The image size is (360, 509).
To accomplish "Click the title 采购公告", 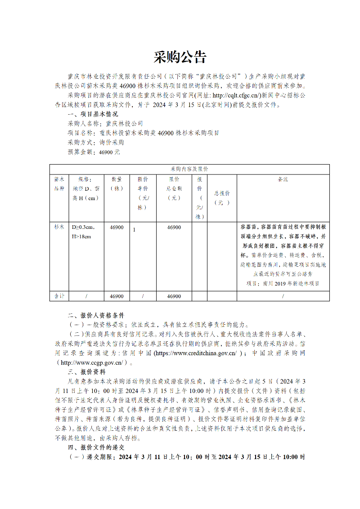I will tap(180, 57).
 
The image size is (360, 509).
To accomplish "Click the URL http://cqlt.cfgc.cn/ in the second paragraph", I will tap(236, 96).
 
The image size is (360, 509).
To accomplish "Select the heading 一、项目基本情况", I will tap(92, 114).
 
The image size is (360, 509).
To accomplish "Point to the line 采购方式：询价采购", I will tap(96, 143).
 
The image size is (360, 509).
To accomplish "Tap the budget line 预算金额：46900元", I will tap(94, 152).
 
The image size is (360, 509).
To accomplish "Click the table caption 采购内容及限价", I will tap(189, 169).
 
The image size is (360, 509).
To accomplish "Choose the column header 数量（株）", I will tap(117, 183).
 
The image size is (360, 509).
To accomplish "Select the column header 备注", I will tap(283, 179).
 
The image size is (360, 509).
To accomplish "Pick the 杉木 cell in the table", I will tap(59, 227).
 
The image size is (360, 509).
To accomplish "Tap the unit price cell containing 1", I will tap(134, 229).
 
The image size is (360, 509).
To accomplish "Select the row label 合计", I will tap(59, 296).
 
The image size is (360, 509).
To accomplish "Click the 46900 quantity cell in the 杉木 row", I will tap(117, 227).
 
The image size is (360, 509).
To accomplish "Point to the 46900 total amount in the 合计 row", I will tap(174, 296).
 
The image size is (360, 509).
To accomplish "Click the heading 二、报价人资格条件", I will tap(95, 315).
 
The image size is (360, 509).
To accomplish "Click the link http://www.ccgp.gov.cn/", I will tap(92, 362).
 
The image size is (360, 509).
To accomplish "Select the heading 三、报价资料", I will tap(86, 372).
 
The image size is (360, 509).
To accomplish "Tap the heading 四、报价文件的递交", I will tap(95, 447).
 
